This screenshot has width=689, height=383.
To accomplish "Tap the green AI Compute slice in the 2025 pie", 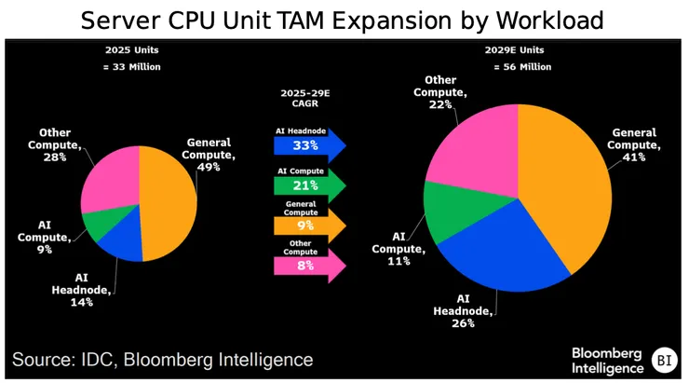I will (99, 226).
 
